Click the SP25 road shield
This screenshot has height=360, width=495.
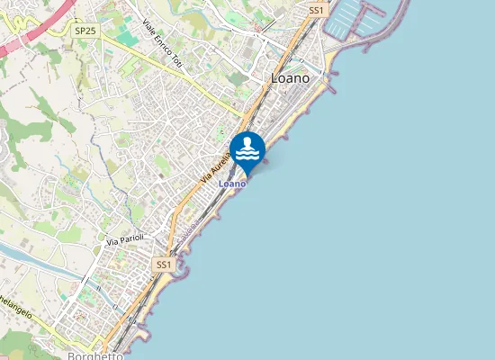(85, 31)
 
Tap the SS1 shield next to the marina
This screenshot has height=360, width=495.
(316, 10)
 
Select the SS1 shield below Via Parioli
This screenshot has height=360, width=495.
(163, 265)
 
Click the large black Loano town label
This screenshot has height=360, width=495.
(291, 78)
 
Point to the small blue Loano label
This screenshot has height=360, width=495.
(232, 184)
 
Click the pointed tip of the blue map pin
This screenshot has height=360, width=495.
(247, 176)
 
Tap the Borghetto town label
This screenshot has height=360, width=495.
(95, 355)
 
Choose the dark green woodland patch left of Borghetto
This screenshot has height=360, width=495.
(18, 342)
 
